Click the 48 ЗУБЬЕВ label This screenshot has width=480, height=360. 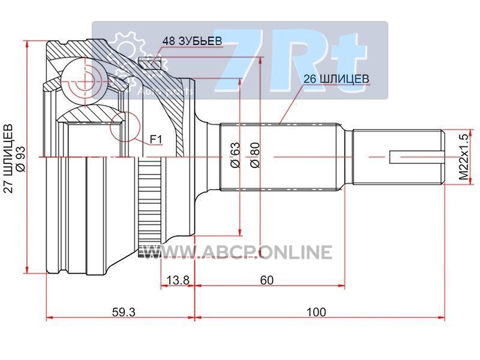tap(192, 41)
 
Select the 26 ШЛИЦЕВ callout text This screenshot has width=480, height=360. tap(337, 78)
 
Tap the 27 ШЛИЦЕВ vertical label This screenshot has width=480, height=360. tap(8, 158)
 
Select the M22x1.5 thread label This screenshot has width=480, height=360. tap(463, 158)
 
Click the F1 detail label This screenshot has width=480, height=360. tap(157, 140)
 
